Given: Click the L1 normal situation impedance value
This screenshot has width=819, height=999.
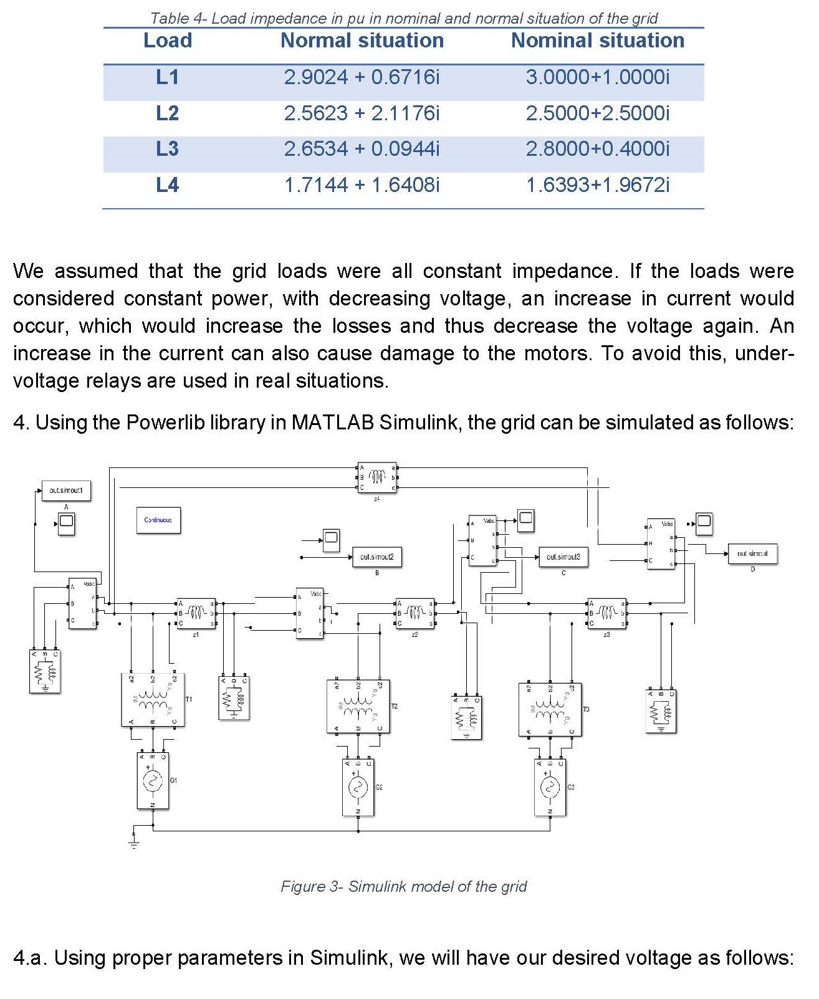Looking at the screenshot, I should (x=362, y=77).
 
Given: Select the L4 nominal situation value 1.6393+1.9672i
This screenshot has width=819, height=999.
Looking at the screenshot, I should (x=597, y=185).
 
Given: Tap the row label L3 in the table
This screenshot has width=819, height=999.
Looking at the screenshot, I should (x=167, y=149).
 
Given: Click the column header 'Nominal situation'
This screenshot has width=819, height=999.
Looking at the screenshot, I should (x=597, y=41).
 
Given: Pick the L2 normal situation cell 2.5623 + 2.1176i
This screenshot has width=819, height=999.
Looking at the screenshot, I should (x=362, y=113).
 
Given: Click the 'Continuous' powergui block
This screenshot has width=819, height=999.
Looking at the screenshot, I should (x=158, y=520).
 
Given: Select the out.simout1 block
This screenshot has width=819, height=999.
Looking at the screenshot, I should (x=66, y=490).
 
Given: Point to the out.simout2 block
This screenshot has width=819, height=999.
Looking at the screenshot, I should (x=376, y=557).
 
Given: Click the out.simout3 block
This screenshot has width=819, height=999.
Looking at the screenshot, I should (x=563, y=557).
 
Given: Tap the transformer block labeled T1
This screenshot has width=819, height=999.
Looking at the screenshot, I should (x=153, y=700).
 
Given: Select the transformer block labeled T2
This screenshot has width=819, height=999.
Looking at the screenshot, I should (x=358, y=706).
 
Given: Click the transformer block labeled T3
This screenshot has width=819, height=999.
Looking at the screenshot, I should (x=550, y=709).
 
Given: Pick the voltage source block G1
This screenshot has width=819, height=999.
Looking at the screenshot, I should (x=153, y=781).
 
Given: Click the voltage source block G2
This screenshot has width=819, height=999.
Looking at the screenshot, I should (x=358, y=787).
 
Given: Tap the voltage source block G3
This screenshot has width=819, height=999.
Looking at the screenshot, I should (x=550, y=787).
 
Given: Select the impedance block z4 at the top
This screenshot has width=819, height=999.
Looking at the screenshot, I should (x=377, y=477).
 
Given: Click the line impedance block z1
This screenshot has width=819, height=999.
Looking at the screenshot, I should (x=196, y=613).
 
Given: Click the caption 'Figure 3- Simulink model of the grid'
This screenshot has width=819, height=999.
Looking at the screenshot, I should (x=403, y=886).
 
